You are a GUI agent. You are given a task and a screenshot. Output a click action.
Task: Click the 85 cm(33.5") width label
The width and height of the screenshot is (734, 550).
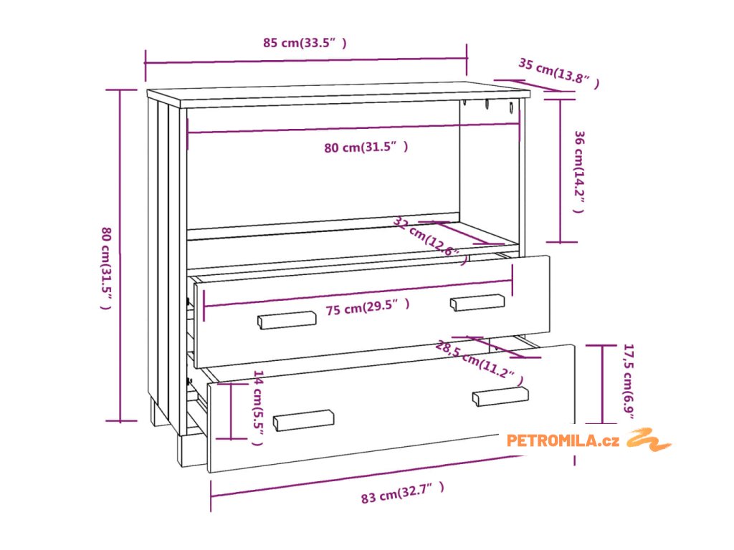[x=305, y=43]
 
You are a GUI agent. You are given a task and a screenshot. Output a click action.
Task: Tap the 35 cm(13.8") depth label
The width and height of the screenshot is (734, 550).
[x=558, y=74]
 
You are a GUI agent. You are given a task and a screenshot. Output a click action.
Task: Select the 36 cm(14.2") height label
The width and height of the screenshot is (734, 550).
[x=579, y=172]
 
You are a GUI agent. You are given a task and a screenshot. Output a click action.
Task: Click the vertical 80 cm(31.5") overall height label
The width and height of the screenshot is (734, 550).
[x=105, y=268]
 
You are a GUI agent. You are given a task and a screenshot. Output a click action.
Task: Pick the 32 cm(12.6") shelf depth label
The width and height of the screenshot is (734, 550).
[x=430, y=241]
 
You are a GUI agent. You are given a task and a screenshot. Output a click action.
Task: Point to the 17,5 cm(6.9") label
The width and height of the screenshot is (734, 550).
[x=629, y=384]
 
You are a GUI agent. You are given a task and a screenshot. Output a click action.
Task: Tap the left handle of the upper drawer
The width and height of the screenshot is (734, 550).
[x=287, y=320]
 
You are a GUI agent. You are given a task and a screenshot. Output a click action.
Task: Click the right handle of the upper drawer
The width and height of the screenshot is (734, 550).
[x=477, y=302]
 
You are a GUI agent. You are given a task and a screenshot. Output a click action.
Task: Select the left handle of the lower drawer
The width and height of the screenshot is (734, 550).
[x=305, y=420]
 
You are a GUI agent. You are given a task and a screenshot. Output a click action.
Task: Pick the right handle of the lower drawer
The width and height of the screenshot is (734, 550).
[x=500, y=396]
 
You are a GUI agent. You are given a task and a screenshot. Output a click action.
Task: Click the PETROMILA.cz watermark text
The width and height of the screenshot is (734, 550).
[x=563, y=440]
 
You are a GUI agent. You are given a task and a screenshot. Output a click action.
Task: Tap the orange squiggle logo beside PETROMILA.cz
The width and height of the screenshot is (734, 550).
[x=649, y=439]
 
